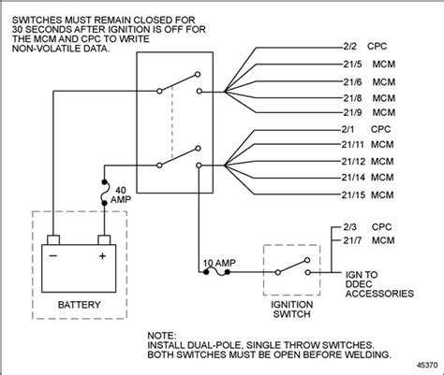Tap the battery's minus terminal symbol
(x=54, y=252)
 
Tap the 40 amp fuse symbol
(x=104, y=188)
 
